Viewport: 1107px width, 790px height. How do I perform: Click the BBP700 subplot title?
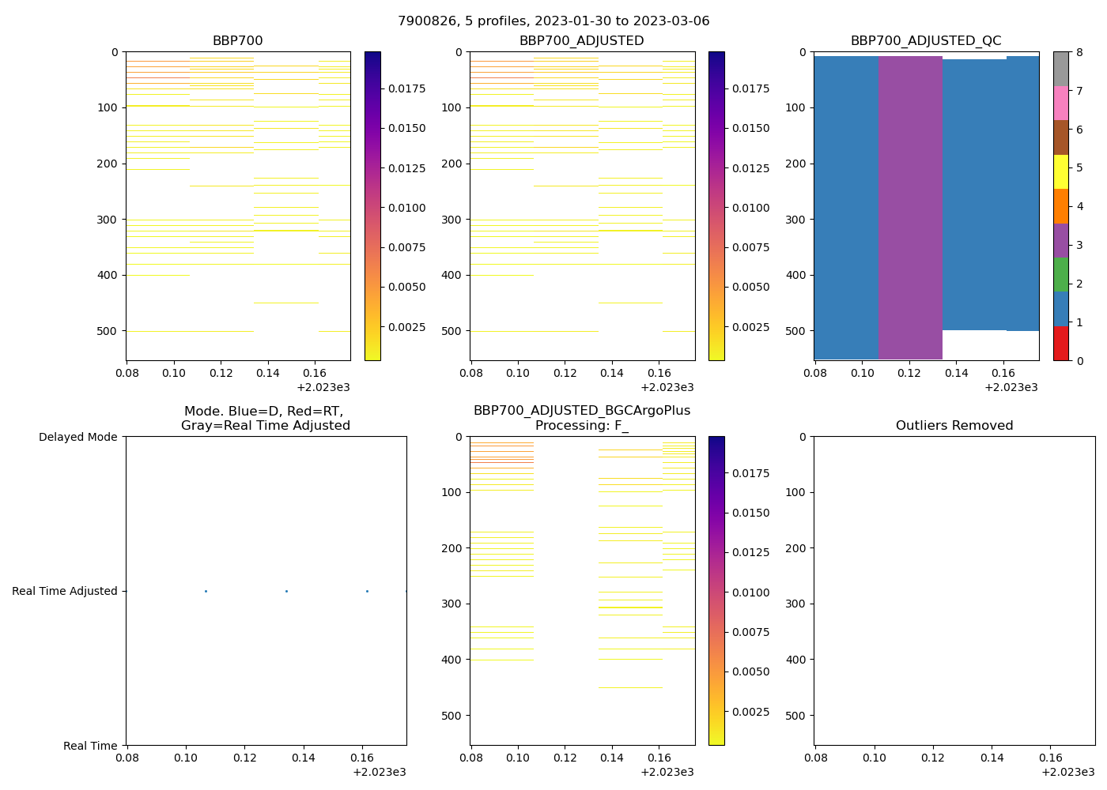[237, 41]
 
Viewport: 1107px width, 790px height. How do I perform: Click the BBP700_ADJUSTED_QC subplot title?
[926, 41]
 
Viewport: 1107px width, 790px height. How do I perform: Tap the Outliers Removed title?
[954, 426]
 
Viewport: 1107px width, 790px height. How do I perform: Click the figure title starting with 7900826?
[553, 21]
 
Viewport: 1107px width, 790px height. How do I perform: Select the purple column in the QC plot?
[910, 205]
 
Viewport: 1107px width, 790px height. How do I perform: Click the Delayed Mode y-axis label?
[77, 437]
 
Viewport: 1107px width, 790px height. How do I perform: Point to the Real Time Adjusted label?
[65, 591]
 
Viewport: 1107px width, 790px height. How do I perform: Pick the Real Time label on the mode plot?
[90, 746]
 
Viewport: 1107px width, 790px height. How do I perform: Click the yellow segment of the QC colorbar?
[1061, 171]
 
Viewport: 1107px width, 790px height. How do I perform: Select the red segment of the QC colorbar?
[1061, 343]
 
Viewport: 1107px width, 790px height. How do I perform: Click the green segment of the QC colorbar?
[1061, 274]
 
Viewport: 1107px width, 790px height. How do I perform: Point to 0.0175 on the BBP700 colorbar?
[406, 88]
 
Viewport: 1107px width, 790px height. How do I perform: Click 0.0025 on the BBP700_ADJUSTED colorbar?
[750, 327]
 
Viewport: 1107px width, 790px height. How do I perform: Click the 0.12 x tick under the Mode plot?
[244, 758]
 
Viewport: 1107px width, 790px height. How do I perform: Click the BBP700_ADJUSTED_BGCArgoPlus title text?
[581, 411]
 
